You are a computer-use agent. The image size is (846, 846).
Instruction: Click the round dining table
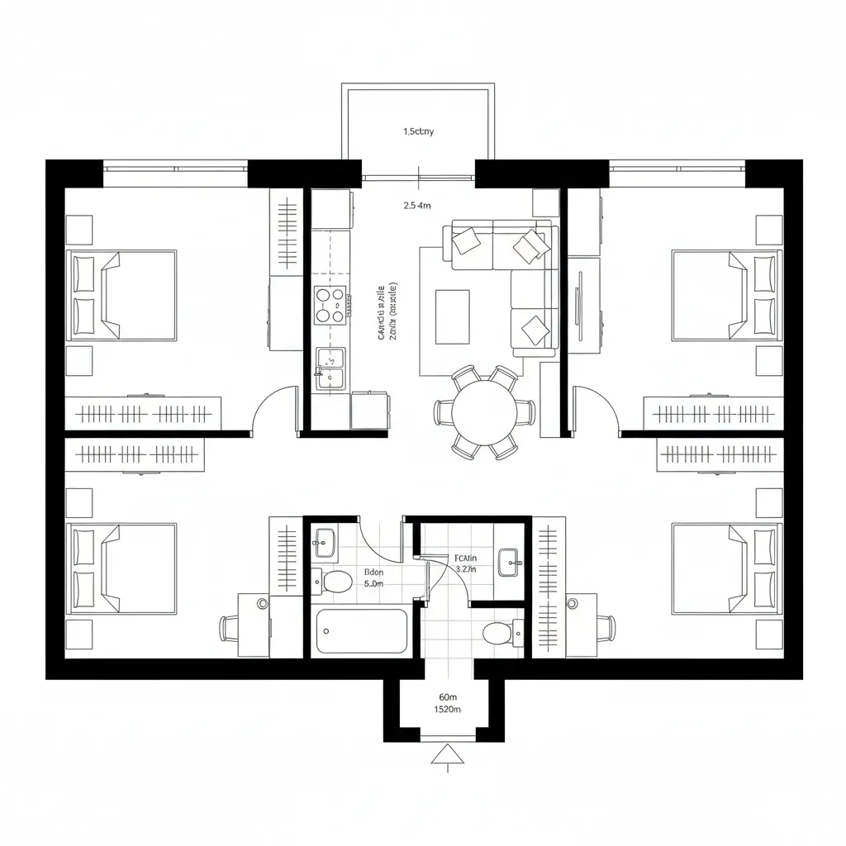(x=484, y=411)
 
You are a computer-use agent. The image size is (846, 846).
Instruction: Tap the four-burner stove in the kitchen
(x=330, y=304)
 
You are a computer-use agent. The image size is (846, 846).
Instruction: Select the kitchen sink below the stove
(x=330, y=367)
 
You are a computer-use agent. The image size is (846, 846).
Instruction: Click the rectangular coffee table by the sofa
(x=452, y=316)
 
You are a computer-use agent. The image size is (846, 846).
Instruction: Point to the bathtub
(x=361, y=632)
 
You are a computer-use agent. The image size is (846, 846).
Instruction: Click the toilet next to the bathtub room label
(x=335, y=581)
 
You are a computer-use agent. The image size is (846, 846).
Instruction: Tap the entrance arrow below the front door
(x=445, y=754)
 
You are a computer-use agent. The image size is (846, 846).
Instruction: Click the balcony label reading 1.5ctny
(x=418, y=131)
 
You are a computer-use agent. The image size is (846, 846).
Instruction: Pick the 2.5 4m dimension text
(x=417, y=206)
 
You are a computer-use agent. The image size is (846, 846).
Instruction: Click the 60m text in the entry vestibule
(x=447, y=696)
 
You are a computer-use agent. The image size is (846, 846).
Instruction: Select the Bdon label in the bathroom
(x=373, y=572)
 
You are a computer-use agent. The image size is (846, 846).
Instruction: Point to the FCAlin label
(x=466, y=558)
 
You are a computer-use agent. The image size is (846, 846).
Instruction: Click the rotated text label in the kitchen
(x=386, y=311)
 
